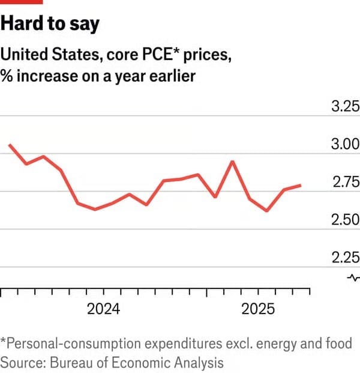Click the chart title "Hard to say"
[50, 24]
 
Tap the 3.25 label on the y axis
[346, 108]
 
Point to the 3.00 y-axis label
[346, 145]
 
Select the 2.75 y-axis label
[346, 183]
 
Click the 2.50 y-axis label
[346, 220]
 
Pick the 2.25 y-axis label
[346, 258]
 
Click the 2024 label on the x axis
[104, 309]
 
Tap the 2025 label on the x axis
[258, 309]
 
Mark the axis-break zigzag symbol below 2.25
[353, 277]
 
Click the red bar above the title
[22, 2]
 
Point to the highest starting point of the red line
[10, 145]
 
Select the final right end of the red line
[301, 186]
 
